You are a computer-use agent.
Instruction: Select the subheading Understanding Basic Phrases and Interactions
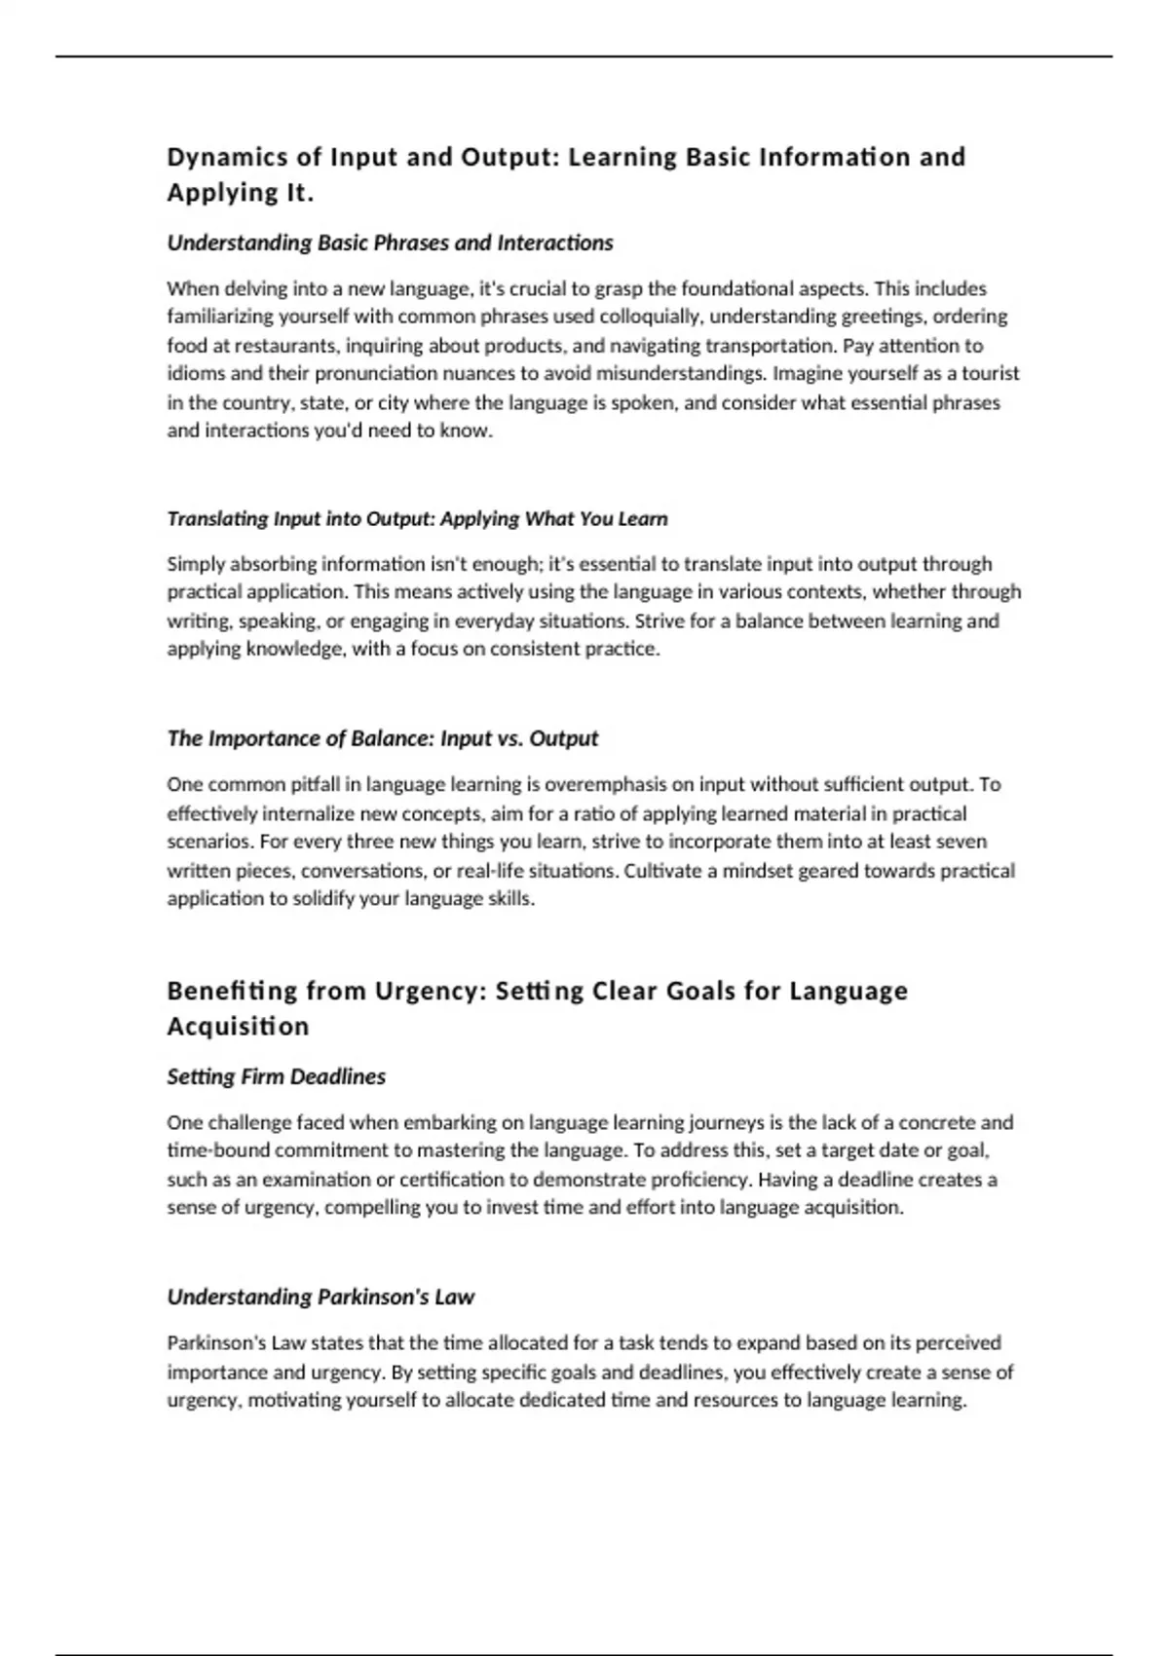(x=390, y=243)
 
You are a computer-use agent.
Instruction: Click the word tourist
(x=991, y=373)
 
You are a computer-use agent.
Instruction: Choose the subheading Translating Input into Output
(x=417, y=518)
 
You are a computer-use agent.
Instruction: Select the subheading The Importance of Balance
(x=382, y=738)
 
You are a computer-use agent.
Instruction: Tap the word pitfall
(x=315, y=784)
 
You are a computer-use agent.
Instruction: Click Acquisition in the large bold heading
(x=238, y=1026)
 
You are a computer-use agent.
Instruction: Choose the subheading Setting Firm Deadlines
(x=276, y=1076)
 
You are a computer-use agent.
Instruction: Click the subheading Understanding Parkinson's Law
(x=321, y=1297)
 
